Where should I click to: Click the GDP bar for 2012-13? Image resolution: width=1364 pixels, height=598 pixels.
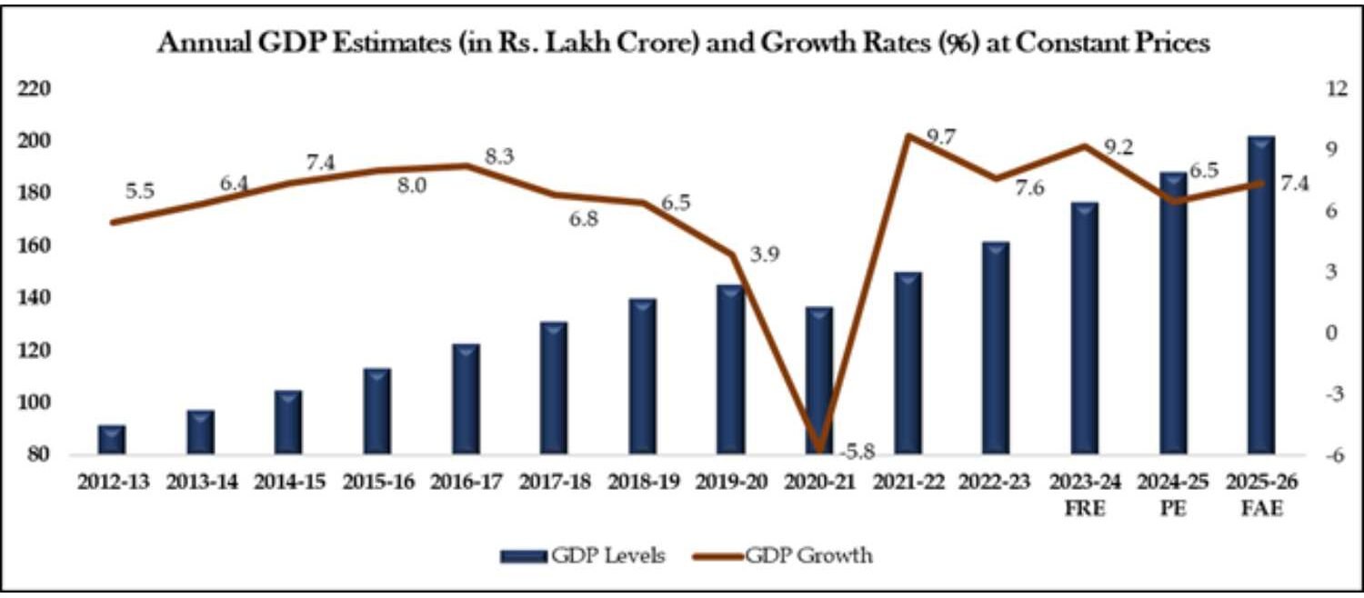[x=112, y=440]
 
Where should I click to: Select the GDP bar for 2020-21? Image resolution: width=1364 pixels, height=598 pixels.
[x=819, y=382]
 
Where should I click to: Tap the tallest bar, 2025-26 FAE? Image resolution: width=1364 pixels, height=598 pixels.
[x=1260, y=295]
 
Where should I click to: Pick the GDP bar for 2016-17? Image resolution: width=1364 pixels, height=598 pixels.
[x=466, y=400]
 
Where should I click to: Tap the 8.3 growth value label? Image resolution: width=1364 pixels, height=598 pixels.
[x=498, y=156]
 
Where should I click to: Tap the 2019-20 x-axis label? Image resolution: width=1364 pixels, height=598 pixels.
[x=731, y=483]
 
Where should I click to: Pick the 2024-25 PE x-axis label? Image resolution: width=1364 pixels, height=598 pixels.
[x=1173, y=494]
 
